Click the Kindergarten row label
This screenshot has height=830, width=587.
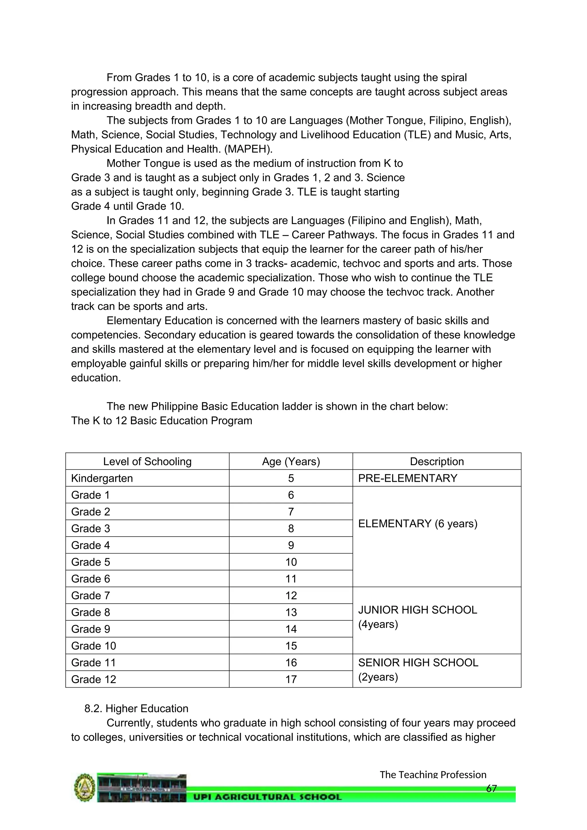[102, 478]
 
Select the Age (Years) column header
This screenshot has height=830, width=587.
[291, 462]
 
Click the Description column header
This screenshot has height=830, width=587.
[437, 462]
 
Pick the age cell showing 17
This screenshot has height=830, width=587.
[291, 679]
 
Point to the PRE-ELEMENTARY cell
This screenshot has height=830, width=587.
[408, 478]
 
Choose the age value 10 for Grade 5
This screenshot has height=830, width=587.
[291, 562]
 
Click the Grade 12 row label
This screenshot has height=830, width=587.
[94, 679]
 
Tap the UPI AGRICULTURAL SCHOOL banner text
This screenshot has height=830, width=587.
[267, 797]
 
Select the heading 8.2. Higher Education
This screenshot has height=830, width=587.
[136, 708]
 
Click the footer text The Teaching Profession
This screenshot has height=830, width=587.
[433, 775]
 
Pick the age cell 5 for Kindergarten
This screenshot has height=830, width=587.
[291, 478]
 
